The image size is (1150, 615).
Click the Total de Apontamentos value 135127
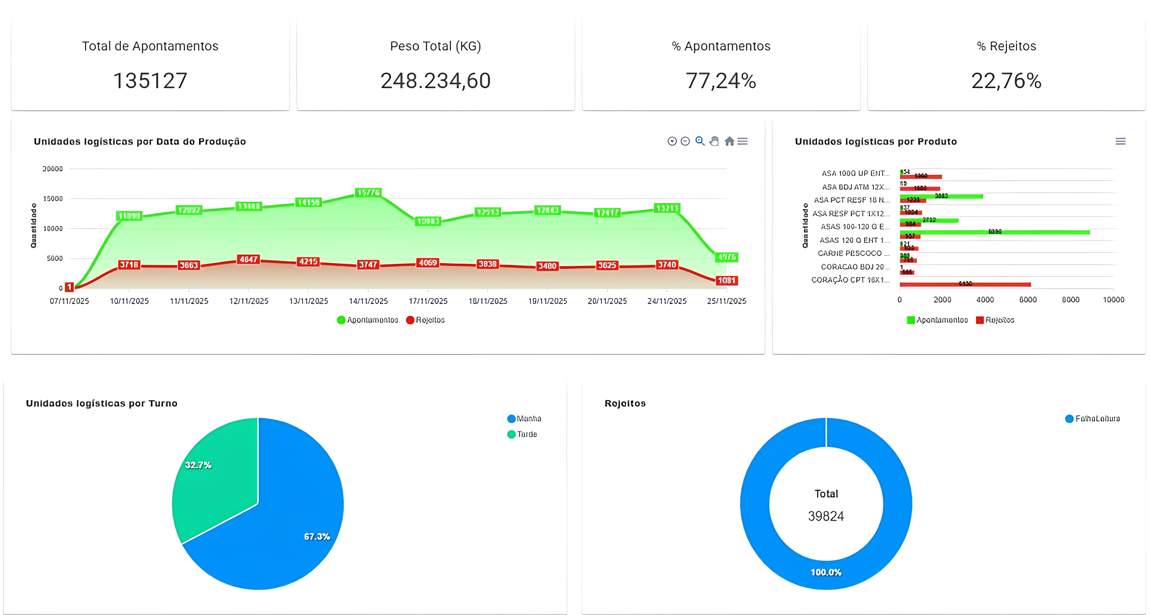[x=150, y=81]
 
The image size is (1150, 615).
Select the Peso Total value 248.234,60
[x=435, y=81]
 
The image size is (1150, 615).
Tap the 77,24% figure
[x=720, y=81]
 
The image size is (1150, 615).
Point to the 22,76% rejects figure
[x=1006, y=81]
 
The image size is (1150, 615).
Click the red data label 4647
[x=249, y=259]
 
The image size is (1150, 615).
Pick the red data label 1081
[x=726, y=281]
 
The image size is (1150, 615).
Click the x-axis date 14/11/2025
[x=368, y=301]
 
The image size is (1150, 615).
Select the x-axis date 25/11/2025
[x=726, y=301]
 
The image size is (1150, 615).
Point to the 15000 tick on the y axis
[x=53, y=199]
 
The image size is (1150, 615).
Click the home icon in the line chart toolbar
[x=729, y=142]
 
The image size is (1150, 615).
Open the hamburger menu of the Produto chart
[x=1120, y=142]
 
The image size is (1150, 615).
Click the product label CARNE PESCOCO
[x=850, y=253]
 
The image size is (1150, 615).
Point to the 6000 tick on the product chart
[x=1028, y=300]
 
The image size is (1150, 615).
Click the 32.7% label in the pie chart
[x=198, y=465]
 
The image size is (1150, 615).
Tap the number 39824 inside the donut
[x=826, y=516]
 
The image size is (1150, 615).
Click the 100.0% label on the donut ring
[x=826, y=572]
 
